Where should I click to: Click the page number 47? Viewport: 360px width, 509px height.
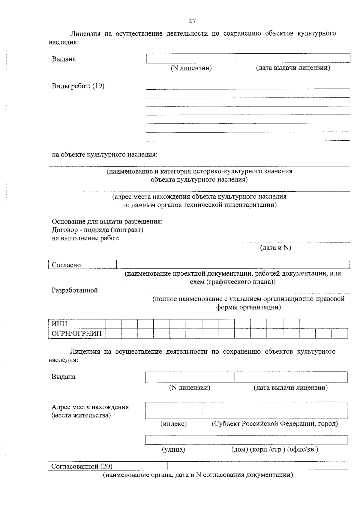192,21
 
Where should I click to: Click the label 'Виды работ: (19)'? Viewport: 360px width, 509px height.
78,86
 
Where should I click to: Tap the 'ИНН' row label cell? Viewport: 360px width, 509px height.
76,324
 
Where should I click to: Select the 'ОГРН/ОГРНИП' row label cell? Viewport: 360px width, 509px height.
76,334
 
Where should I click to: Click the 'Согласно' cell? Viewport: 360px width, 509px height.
82,265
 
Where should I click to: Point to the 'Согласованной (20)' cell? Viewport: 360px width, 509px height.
107,466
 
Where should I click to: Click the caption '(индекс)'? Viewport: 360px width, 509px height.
173,424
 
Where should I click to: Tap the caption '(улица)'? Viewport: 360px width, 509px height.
173,449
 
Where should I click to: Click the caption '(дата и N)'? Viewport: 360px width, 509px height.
275,248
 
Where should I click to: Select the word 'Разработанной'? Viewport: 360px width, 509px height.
75,290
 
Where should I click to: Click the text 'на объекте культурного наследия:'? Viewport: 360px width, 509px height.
104,155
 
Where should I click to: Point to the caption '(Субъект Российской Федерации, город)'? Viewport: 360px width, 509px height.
275,424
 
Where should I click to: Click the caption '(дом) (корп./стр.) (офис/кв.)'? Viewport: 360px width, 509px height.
274,449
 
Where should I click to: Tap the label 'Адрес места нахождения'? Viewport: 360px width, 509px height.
90,407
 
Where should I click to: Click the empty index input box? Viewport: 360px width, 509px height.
173,410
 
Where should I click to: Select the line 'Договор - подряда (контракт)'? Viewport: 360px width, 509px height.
97,230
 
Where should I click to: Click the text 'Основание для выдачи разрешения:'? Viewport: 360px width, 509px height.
107,222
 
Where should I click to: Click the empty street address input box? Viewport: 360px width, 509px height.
246,440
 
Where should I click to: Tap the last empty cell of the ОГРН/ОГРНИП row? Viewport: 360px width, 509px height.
340,334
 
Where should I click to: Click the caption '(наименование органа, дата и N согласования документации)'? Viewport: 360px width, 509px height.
198,475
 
